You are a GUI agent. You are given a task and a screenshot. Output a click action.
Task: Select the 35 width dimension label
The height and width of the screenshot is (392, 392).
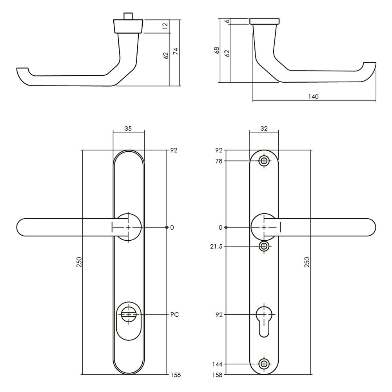point(129,128)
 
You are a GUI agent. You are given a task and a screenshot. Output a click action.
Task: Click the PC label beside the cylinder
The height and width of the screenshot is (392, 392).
point(175,314)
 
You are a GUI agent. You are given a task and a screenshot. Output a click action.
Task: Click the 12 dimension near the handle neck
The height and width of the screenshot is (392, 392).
point(165,26)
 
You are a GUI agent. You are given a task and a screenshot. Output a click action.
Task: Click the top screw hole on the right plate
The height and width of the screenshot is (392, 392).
point(265,161)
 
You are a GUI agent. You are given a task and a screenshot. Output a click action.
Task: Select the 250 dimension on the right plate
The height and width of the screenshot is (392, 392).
point(307,261)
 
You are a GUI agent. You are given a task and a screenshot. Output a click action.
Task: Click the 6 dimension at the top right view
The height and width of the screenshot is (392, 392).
point(227,21)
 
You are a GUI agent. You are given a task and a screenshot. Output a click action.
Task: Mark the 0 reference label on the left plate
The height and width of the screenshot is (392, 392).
point(172,227)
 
